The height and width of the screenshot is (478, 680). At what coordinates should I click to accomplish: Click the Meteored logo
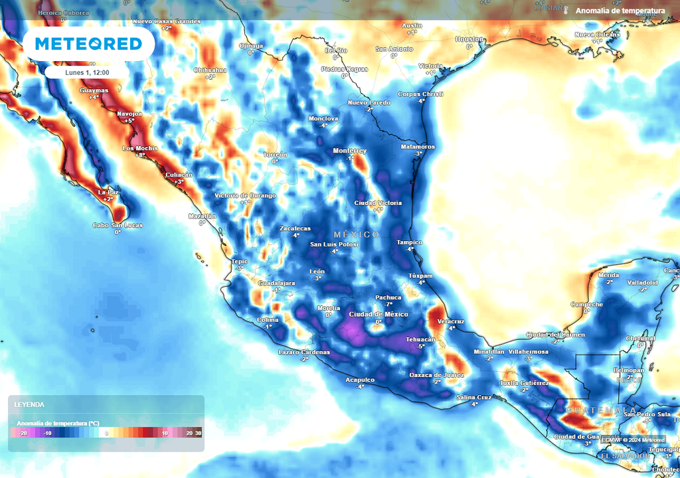coord(88,44)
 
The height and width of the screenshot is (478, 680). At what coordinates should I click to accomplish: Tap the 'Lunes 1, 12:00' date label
coord(87,73)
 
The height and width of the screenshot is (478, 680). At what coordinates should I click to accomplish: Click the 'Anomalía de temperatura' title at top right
coord(620,11)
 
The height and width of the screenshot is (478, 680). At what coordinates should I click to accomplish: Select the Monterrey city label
coord(350,151)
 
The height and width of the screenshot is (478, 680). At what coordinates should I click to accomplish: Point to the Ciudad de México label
coord(379,314)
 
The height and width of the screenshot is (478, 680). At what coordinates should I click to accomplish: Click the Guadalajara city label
coord(276,283)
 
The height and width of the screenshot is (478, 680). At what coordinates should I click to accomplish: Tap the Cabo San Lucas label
coord(118,225)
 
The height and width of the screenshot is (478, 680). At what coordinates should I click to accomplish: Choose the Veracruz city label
coord(451,321)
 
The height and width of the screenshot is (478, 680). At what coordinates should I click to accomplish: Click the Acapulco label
coord(360,380)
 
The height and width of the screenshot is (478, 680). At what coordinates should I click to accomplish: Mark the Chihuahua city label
coord(210,70)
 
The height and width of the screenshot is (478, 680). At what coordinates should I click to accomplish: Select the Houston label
coord(469,39)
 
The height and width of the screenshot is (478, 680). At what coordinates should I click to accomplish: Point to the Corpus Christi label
coord(420,94)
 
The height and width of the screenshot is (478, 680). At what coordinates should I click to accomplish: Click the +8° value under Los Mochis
coord(140,155)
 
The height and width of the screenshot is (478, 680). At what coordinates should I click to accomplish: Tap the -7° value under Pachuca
coord(388,304)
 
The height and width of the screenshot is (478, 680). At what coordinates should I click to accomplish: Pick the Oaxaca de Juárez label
coord(436,375)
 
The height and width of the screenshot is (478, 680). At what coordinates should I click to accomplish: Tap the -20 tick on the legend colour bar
coord(23,433)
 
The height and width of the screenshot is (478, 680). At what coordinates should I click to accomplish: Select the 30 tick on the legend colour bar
coord(198,433)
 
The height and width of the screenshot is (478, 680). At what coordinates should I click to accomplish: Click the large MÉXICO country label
coord(357,235)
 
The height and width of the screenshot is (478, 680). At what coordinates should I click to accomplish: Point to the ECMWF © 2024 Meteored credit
coord(633,439)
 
